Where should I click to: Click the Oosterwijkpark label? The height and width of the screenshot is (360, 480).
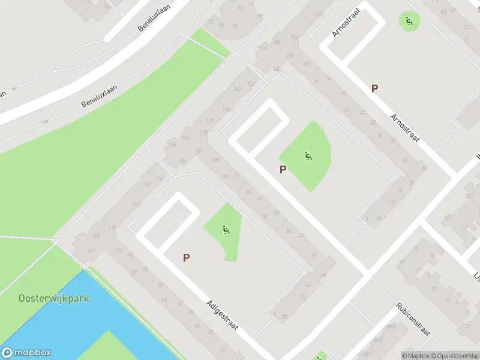(54, 298)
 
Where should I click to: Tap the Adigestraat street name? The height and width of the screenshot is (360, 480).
(223, 316)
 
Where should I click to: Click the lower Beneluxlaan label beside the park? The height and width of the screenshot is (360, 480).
(100, 96)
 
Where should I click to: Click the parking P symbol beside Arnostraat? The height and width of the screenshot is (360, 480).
(375, 88)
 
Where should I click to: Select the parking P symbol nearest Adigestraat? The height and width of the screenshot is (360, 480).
(187, 257)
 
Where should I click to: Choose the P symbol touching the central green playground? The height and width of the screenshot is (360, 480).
(283, 169)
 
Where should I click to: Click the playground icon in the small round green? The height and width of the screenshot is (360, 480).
(410, 22)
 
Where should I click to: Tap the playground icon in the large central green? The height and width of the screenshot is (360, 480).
(308, 157)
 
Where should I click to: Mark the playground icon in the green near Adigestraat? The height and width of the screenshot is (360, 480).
(226, 229)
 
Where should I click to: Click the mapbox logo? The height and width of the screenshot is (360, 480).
(26, 353)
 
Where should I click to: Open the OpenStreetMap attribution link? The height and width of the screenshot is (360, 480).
(455, 356)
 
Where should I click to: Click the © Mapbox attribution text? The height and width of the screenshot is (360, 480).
(416, 356)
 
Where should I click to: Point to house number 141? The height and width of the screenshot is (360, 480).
(91, 250)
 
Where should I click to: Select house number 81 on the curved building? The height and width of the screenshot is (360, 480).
(222, 25)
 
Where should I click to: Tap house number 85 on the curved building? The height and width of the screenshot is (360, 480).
(235, 26)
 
